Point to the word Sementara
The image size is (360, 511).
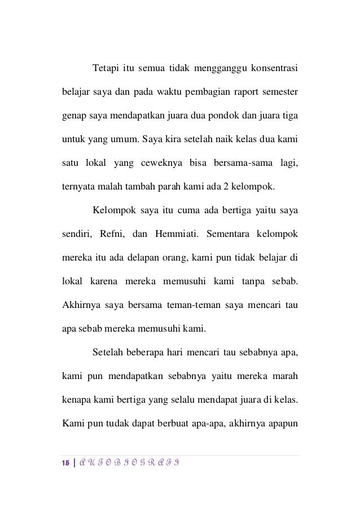(x=229, y=234)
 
